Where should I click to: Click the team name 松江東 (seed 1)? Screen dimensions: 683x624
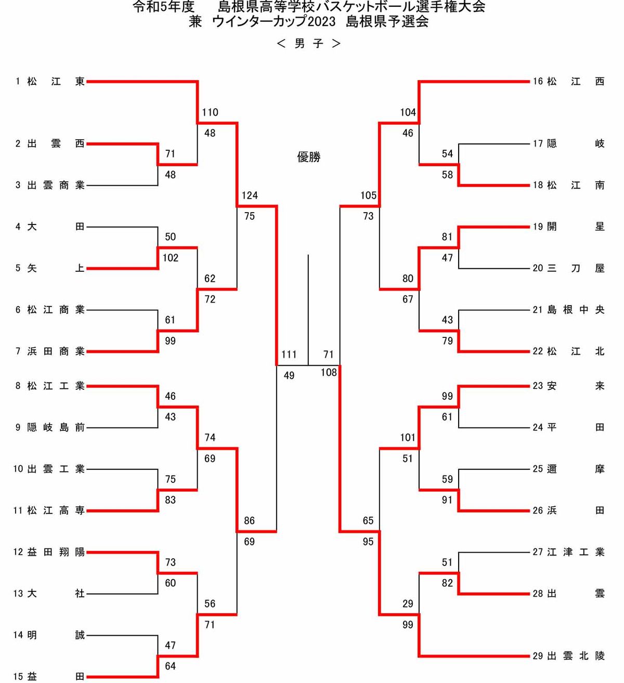pos(56,82)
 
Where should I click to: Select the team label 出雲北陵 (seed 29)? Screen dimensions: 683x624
pos(576,656)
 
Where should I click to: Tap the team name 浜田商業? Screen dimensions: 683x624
pos(56,352)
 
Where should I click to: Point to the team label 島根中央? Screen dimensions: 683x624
pos(576,310)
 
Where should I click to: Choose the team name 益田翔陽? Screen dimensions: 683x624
pos(56,552)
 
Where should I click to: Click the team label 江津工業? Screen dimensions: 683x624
pos(576,552)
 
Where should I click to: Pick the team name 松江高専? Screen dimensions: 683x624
pos(56,510)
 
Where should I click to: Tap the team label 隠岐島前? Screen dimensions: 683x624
pos(56,427)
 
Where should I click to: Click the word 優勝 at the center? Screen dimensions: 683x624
pos(309,157)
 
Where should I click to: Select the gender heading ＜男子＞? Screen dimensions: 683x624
pos(309,44)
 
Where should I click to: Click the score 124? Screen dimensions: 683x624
pos(250,195)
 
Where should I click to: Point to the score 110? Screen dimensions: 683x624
pos(210,112)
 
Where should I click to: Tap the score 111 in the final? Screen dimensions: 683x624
pos(289,354)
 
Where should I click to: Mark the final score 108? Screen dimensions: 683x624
pos(329,372)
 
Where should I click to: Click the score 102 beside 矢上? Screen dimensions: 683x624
pos(171,258)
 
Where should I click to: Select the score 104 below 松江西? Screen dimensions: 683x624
pos(408,112)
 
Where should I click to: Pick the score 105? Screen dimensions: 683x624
pos(368,195)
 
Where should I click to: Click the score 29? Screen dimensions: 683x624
pos(408,603)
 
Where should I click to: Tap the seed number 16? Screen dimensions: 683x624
pos(538,82)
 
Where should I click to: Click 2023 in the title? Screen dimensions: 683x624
pos(322,22)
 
